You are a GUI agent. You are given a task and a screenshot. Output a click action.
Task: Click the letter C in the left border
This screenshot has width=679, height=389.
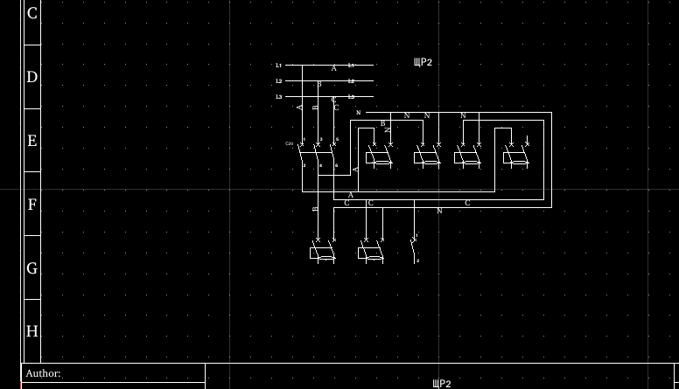32,13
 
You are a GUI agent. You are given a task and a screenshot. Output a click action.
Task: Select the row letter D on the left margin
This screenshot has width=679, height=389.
32,77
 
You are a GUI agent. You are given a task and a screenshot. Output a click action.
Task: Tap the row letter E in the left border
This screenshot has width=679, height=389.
32,141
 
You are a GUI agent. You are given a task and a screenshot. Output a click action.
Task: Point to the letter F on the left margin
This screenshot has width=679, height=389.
32,205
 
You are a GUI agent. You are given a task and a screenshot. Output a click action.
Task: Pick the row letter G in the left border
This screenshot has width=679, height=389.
32,268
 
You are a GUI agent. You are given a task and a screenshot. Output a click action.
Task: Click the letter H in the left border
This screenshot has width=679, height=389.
32,331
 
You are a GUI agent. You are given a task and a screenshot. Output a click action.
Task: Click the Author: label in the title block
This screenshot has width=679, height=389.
43,373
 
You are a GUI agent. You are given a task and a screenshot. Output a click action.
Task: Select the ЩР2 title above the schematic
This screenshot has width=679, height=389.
423,63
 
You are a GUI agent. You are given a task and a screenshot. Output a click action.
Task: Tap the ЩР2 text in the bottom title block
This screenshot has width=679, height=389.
442,384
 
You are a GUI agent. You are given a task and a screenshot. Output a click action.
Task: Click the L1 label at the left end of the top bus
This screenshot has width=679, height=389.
279,66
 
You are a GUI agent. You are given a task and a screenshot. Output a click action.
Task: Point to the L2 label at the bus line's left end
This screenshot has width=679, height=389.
279,81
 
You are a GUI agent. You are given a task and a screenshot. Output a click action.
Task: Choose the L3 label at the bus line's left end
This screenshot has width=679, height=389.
279,97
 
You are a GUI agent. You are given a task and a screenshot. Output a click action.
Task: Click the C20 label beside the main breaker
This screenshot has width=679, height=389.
290,143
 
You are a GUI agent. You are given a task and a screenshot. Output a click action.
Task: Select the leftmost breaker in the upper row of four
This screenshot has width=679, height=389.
379,156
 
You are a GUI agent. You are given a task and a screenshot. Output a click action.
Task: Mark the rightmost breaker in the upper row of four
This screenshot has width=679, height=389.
515,156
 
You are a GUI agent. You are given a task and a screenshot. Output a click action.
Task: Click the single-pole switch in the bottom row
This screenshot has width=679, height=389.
414,247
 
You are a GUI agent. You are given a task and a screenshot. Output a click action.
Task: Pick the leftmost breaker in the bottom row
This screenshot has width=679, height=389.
322,252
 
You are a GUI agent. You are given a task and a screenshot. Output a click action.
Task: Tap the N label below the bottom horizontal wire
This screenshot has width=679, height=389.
439,211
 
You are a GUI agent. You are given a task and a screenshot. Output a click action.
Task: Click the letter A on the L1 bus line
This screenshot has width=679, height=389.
333,68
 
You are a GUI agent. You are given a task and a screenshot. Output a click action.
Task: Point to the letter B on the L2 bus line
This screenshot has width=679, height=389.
319,84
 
